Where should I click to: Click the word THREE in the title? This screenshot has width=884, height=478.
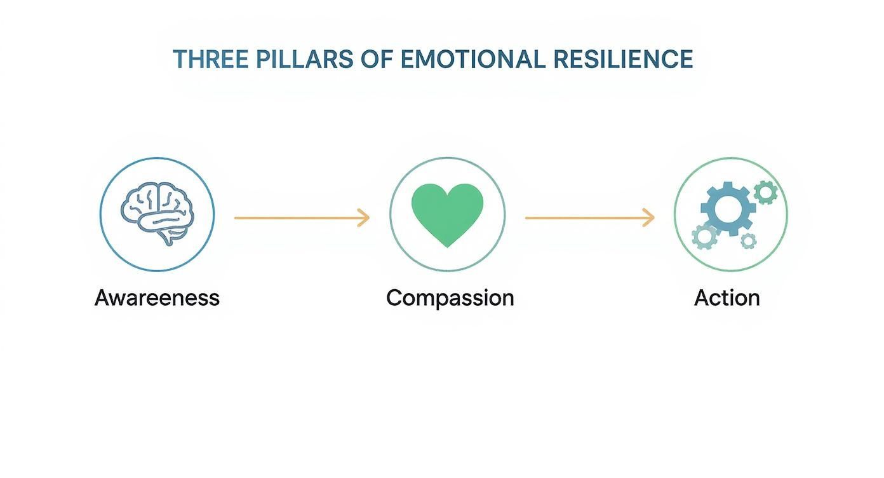click(210, 59)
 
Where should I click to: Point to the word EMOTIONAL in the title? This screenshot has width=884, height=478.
click(472, 59)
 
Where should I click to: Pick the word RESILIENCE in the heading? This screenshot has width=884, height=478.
click(623, 59)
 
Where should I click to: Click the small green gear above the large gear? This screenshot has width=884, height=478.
click(765, 191)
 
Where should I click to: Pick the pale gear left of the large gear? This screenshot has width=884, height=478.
click(704, 236)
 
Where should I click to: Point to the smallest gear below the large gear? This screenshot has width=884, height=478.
click(749, 240)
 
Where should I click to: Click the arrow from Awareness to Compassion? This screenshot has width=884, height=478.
click(302, 218)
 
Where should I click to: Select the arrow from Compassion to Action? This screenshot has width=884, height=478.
click(589, 218)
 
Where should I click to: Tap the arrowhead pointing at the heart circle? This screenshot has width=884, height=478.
click(365, 218)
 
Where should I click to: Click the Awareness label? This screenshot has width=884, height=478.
click(157, 297)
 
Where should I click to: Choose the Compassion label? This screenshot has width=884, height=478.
click(450, 297)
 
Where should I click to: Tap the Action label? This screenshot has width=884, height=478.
click(727, 297)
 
